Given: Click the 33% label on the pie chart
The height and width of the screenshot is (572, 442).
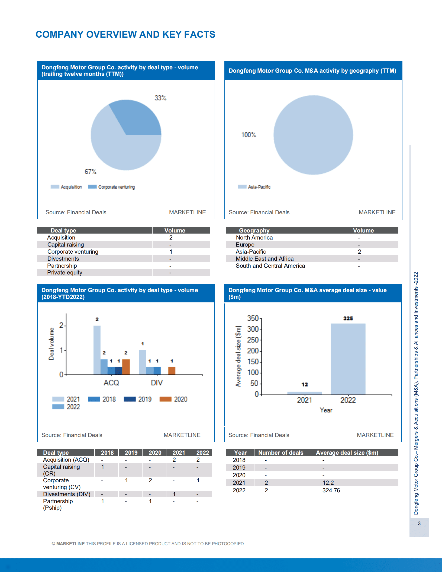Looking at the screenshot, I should click(x=160, y=98).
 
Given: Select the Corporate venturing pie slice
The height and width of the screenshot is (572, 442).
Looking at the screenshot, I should click(x=137, y=119).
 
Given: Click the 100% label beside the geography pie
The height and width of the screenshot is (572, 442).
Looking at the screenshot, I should click(x=249, y=135).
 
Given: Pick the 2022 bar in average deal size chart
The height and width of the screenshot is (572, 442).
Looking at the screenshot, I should click(x=348, y=359).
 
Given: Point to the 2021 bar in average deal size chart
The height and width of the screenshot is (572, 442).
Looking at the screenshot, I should click(x=305, y=393).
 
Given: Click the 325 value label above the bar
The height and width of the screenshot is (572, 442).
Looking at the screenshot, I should click(x=348, y=318).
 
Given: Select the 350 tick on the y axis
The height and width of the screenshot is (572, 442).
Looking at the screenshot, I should click(x=253, y=318).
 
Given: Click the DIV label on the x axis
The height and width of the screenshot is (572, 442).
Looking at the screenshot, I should click(x=157, y=383).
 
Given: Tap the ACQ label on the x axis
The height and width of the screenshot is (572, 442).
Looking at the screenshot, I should click(x=111, y=383).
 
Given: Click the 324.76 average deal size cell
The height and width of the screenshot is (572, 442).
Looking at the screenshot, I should click(x=331, y=490).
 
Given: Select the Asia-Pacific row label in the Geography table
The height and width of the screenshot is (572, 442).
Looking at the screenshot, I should click(x=251, y=252).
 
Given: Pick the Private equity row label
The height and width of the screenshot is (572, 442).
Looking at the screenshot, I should click(x=64, y=273).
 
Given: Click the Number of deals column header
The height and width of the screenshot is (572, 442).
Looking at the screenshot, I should click(x=280, y=453).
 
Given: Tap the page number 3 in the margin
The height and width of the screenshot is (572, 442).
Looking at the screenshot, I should click(x=419, y=523).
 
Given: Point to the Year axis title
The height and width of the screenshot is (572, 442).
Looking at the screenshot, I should click(x=326, y=410).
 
